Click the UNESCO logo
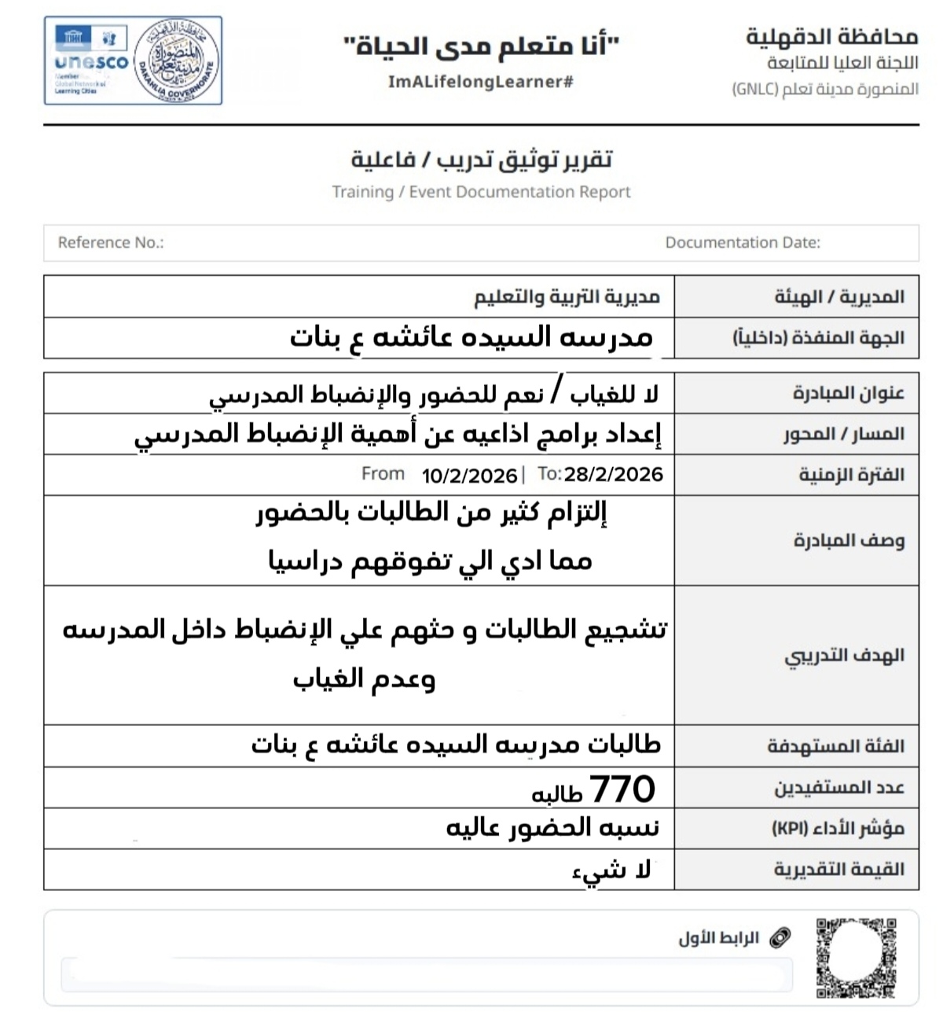pyautogui.click(x=91, y=61)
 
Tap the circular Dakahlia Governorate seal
pyautogui.click(x=176, y=61)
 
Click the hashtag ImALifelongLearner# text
pyautogui.click(x=481, y=82)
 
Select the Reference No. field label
pyautogui.click(x=111, y=243)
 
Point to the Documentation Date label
pyautogui.click(x=743, y=243)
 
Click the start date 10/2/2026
pyautogui.click(x=469, y=476)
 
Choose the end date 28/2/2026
pyautogui.click(x=613, y=474)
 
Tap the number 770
pyautogui.click(x=622, y=789)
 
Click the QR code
pyautogui.click(x=856, y=957)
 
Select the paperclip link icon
pyautogui.click(x=780, y=937)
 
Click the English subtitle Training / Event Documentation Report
pyautogui.click(x=481, y=192)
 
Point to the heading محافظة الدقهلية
pyautogui.click(x=831, y=36)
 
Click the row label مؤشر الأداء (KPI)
pyautogui.click(x=838, y=828)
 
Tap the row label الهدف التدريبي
pyautogui.click(x=844, y=656)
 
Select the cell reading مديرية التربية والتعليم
pyautogui.click(x=567, y=296)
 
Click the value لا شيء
pyautogui.click(x=611, y=870)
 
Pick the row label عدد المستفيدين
pyautogui.click(x=839, y=787)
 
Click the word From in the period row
pyautogui.click(x=383, y=474)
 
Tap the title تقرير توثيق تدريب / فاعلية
pyautogui.click(x=481, y=160)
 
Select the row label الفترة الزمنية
pyautogui.click(x=851, y=475)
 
